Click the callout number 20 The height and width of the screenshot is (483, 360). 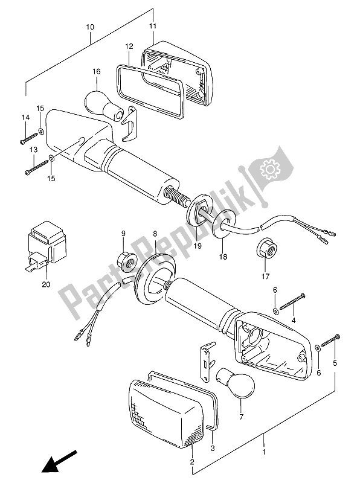46,284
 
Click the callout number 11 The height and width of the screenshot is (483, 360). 153,26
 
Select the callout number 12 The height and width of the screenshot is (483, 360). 129,46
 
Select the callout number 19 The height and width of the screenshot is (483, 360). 198,246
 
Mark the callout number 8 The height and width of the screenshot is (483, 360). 155,234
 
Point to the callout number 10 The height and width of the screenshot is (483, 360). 90,27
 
